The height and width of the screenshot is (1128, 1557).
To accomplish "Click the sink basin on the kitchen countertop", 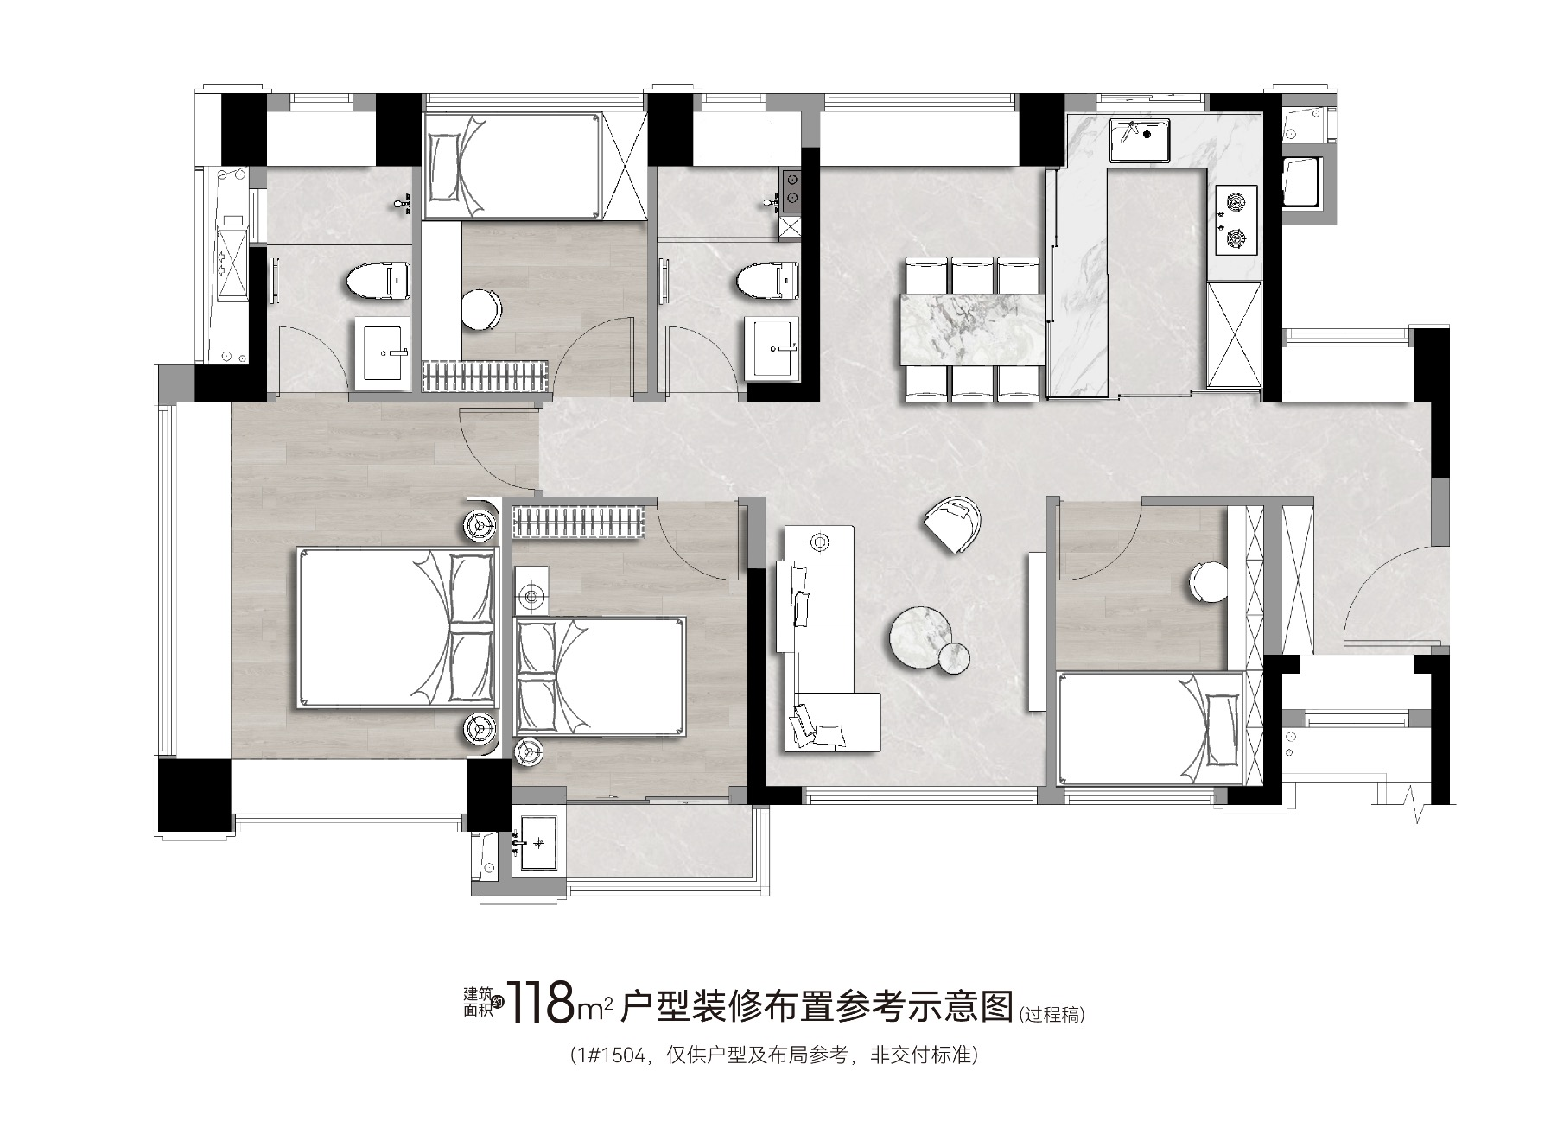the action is tap(1140, 140).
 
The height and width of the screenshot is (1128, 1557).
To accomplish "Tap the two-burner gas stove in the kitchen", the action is tap(1235, 220).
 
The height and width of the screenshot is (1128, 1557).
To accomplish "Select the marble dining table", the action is tap(972, 329).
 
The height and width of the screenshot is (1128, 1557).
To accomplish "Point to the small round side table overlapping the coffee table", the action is tap(954, 658).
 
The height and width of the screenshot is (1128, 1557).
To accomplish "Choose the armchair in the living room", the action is tap(953, 523).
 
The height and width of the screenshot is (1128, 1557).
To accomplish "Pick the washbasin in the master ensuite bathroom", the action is tap(381, 352).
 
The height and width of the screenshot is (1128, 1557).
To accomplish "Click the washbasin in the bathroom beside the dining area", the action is tap(772, 347).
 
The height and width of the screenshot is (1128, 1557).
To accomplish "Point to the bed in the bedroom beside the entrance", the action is tap(1151, 729).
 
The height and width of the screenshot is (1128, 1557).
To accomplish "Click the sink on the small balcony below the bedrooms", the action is tap(540, 841).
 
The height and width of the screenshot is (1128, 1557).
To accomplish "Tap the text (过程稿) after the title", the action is tap(1051, 1014).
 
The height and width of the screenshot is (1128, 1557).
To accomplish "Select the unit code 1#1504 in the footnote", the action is tap(613, 1055).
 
